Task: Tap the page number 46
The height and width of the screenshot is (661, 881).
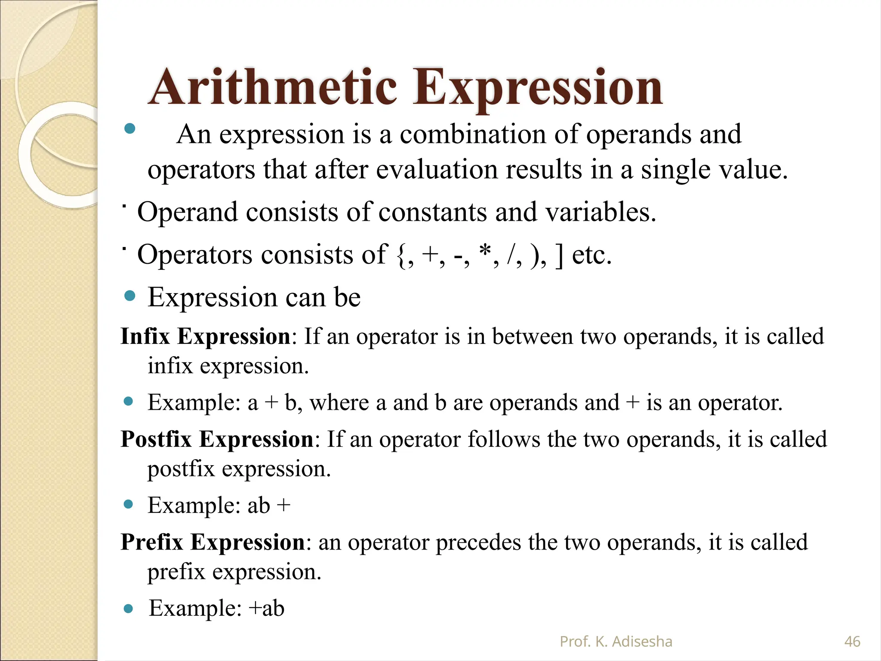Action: click(x=852, y=642)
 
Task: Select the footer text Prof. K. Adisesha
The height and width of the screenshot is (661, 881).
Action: click(x=616, y=642)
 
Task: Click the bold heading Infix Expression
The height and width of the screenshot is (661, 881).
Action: click(x=206, y=336)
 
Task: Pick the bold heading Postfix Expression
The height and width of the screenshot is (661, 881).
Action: click(x=217, y=439)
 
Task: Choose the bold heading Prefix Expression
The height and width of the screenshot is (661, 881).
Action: click(x=213, y=542)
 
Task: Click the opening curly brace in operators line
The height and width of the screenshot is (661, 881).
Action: click(x=400, y=255)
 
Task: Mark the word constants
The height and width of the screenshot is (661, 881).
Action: click(x=432, y=212)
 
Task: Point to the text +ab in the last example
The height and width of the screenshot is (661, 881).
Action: click(x=267, y=608)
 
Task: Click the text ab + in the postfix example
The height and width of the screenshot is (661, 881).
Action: click(x=269, y=506)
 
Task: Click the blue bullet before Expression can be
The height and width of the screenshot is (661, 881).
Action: click(x=129, y=296)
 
